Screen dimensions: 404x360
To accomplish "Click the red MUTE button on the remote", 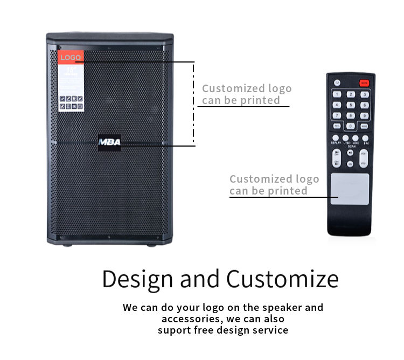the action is (x=365, y=83).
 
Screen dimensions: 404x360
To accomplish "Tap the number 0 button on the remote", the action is (x=351, y=126).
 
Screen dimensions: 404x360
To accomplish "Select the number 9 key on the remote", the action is (x=364, y=115).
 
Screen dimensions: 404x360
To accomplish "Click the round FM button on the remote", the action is (x=365, y=138).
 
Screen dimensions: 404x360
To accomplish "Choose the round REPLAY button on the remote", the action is (x=336, y=138).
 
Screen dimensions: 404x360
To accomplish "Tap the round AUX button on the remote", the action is (x=356, y=138).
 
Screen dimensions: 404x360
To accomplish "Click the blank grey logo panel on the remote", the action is (x=350, y=189).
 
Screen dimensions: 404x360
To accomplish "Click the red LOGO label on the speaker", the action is (x=71, y=58).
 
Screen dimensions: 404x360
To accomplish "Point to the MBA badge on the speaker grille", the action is (x=110, y=142).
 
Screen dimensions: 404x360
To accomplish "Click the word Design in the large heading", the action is (x=137, y=279).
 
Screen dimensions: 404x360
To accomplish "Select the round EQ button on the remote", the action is (x=350, y=164).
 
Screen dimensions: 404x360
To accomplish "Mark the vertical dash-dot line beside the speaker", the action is (x=194, y=102).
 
